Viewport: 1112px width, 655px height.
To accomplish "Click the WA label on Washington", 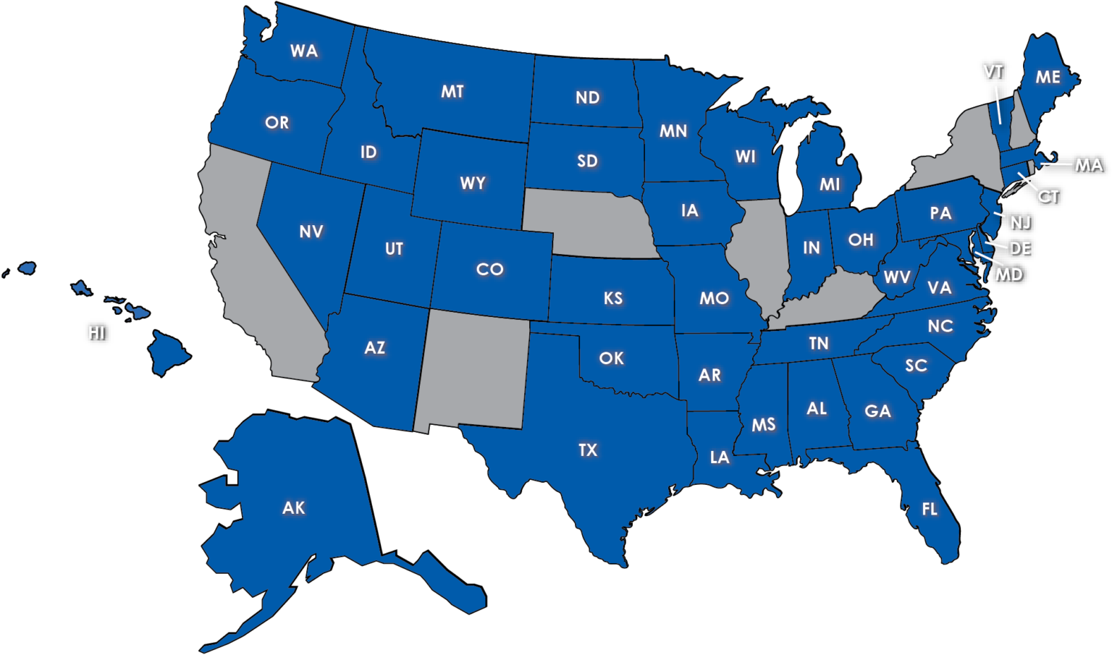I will click(x=304, y=51).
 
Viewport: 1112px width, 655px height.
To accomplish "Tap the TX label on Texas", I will click(x=588, y=450).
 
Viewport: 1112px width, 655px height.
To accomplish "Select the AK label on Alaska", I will click(x=293, y=508).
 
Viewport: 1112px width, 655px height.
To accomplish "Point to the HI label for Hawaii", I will click(x=96, y=333).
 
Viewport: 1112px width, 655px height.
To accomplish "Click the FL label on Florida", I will click(x=930, y=510).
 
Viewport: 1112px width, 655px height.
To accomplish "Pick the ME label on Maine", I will click(x=1048, y=77).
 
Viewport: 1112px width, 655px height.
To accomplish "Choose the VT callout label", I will click(x=993, y=72).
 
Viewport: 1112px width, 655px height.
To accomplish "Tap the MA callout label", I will click(x=1088, y=166).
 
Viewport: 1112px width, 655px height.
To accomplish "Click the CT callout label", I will click(x=1048, y=196).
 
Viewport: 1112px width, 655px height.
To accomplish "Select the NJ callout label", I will click(x=1020, y=223).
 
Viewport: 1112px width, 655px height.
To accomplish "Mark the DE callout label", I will click(x=1019, y=249).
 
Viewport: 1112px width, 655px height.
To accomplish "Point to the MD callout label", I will click(x=1008, y=275).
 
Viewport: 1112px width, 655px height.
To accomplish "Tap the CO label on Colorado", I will click(x=489, y=270).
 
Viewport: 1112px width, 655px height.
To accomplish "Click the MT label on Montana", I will click(x=452, y=92).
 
